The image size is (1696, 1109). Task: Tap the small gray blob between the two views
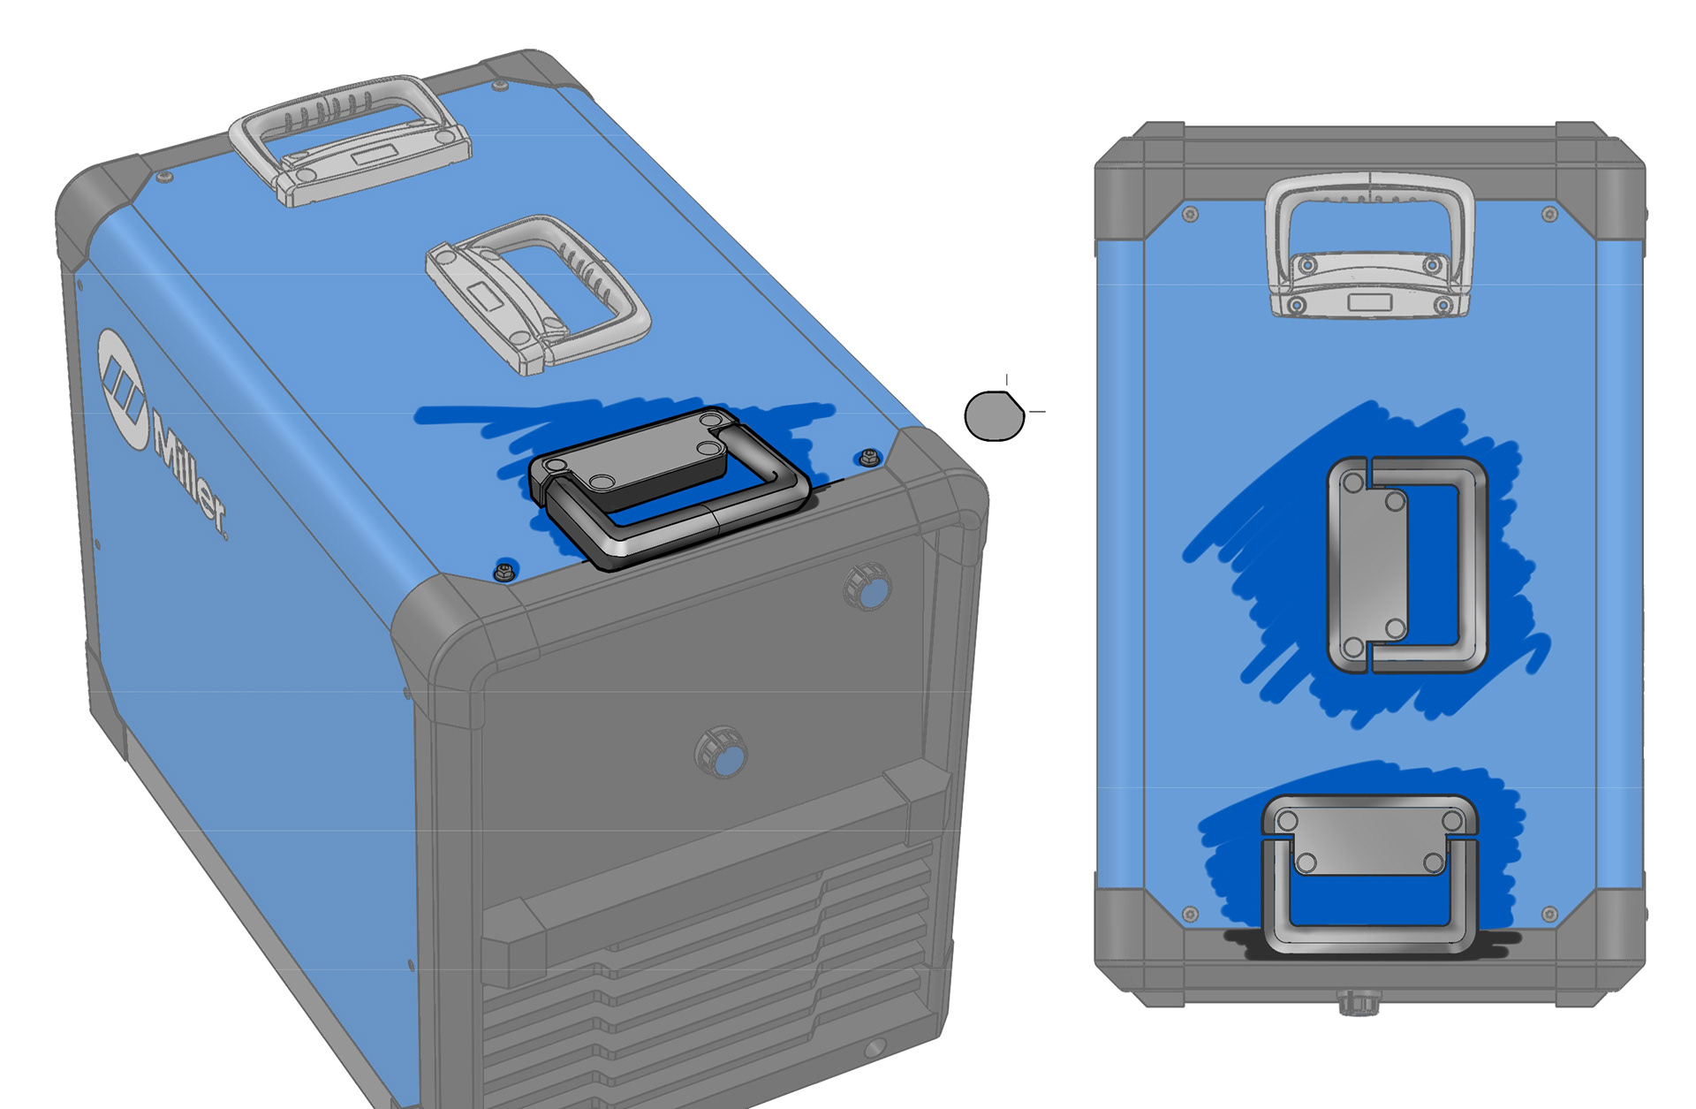995,415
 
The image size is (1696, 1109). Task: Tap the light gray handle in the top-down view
1370,246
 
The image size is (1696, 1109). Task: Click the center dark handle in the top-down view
1407,565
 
